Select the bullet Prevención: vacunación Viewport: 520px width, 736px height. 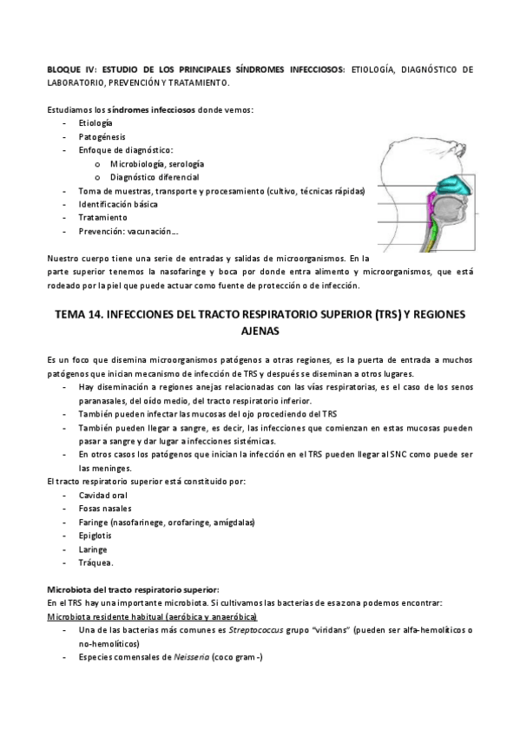pos(128,231)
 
